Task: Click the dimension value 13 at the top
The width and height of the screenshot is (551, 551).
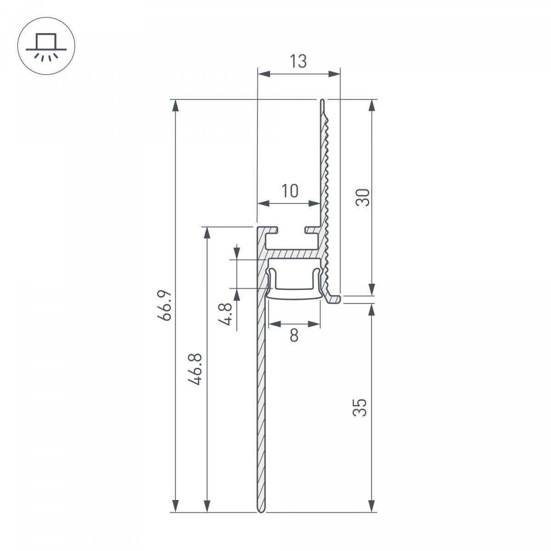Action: click(298, 61)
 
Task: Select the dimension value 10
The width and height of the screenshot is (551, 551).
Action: click(290, 191)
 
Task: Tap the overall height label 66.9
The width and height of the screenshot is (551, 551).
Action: click(164, 305)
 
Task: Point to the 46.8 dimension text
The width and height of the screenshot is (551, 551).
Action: click(195, 369)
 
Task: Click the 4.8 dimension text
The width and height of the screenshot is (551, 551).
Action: click(225, 314)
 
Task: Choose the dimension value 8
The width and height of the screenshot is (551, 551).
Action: click(294, 335)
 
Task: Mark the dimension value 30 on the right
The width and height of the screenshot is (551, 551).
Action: click(363, 197)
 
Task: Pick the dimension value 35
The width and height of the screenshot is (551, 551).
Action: click(360, 407)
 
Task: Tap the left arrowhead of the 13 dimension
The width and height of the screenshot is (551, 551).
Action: click(264, 74)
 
